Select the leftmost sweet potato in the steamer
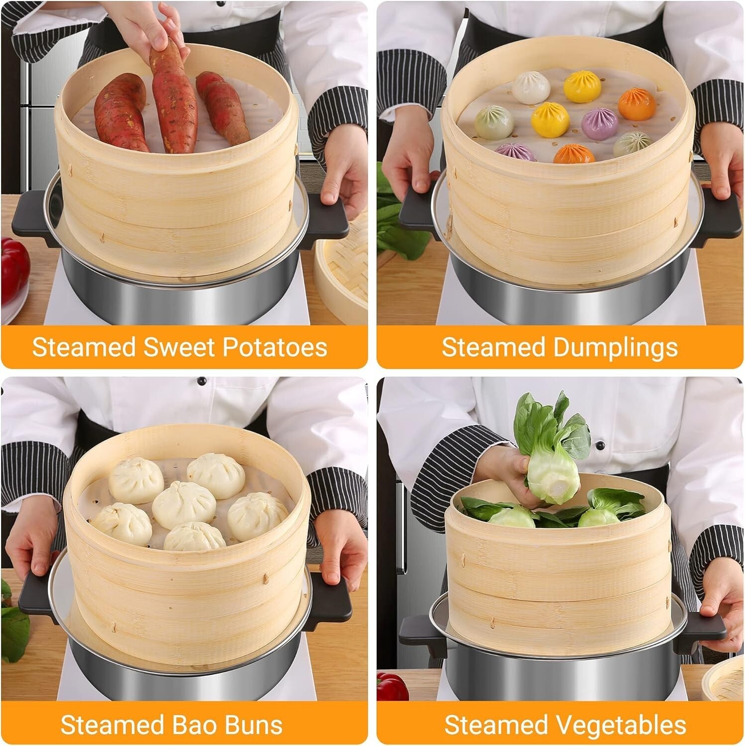click(120, 112)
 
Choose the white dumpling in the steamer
click(531, 88)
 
